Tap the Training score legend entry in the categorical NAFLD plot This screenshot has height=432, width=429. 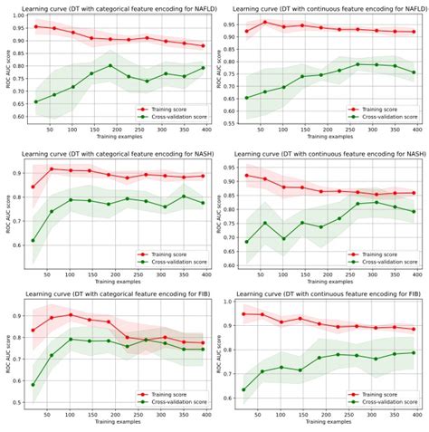pos(169,109)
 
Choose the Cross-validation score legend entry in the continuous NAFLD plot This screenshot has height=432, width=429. pos(386,118)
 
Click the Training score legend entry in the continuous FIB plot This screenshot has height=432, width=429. pos(380,396)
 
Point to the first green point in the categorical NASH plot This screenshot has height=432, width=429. pos(34,240)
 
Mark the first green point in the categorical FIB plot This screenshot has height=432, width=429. pos(34,384)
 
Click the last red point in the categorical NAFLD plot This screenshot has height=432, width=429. pos(204,46)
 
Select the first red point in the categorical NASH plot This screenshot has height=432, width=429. pos(34,187)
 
